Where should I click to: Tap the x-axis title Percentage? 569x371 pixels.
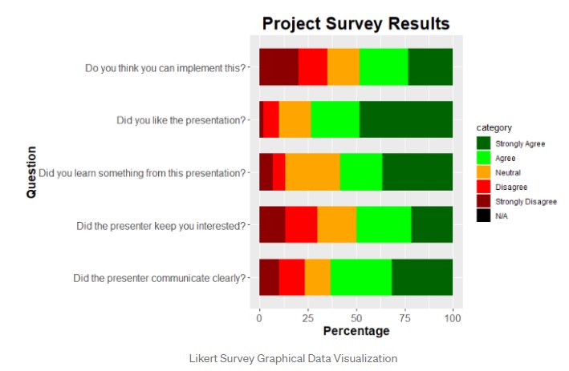[356, 330]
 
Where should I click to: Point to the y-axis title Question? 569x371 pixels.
[31, 171]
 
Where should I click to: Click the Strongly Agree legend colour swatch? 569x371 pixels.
[483, 143]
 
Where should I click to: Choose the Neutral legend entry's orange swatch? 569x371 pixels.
[483, 171]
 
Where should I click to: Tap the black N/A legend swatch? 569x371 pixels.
[483, 215]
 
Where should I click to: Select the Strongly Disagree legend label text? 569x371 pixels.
[526, 201]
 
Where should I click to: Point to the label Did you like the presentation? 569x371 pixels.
[181, 120]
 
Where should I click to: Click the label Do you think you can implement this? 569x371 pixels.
[165, 67]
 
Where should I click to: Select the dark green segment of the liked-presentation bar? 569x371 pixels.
[406, 119]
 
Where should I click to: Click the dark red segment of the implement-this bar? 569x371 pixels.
[278, 67]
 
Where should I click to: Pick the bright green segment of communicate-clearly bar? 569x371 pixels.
[361, 277]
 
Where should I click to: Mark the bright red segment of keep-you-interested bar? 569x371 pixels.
[301, 224]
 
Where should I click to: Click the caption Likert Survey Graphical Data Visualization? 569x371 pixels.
[284, 357]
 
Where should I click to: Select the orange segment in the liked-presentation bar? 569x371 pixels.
[295, 119]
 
